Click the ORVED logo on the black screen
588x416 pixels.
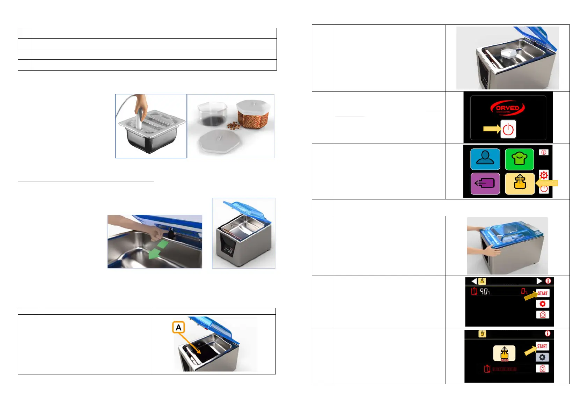[x=507, y=108]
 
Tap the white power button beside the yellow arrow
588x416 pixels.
[x=508, y=129]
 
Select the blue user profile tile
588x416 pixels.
[x=485, y=159]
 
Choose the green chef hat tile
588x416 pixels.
[x=520, y=159]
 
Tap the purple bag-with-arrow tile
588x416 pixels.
[x=485, y=183]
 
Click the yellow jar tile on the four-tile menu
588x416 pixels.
[x=520, y=183]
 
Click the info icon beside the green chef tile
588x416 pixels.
[x=544, y=152]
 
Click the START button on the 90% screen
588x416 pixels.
[x=543, y=293]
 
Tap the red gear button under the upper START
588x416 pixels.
[x=543, y=304]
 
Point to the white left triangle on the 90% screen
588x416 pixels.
[x=474, y=281]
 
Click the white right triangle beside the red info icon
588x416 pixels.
[x=539, y=281]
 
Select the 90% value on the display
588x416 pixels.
[x=485, y=291]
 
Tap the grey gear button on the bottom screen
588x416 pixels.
[x=542, y=357]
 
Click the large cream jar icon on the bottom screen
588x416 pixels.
[x=504, y=353]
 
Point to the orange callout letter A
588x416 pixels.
[x=178, y=328]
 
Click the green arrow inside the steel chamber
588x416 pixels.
[x=156, y=251]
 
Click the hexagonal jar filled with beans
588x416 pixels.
[x=253, y=115]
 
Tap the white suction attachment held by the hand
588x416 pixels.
[x=140, y=119]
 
